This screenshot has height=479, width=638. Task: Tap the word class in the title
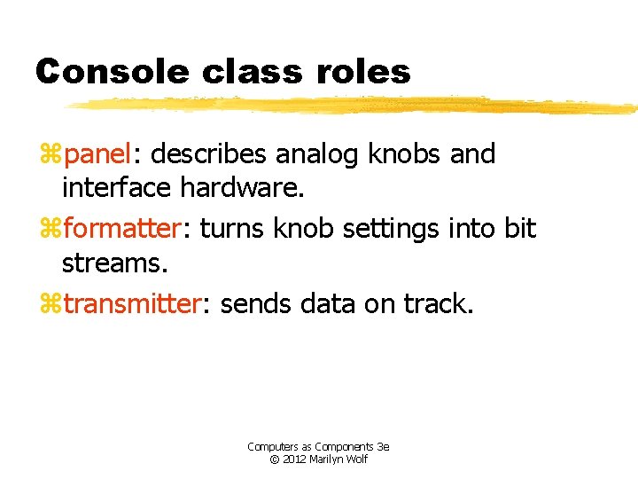(236, 71)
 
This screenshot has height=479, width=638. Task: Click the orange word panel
(96, 155)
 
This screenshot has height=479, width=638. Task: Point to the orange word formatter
(121, 229)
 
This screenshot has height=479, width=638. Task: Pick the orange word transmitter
(132, 304)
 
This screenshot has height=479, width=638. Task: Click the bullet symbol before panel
(50, 156)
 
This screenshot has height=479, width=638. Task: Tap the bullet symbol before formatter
(50, 230)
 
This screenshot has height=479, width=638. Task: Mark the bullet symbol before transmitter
(50, 305)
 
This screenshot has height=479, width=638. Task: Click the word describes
(208, 155)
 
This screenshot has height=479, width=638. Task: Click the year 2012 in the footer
(293, 459)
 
